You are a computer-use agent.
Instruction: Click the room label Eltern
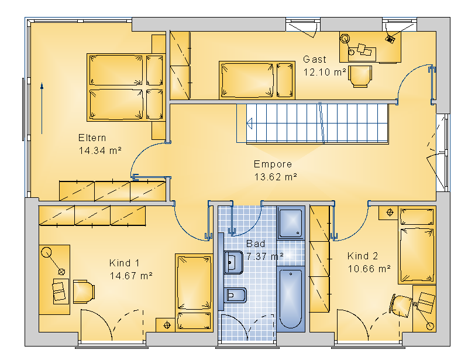pyautogui.click(x=92, y=138)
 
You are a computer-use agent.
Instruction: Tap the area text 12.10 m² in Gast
pyautogui.click(x=325, y=72)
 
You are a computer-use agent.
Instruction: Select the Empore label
pyautogui.click(x=273, y=164)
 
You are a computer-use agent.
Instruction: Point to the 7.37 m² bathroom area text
pyautogui.click(x=265, y=256)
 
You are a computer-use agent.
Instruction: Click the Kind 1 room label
pyautogui.click(x=124, y=263)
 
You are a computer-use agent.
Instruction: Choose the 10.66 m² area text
pyautogui.click(x=369, y=269)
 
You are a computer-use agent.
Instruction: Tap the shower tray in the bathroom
pyautogui.click(x=291, y=223)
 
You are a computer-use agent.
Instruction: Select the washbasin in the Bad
pyautogui.click(x=233, y=262)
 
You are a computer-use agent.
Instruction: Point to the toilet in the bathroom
pyautogui.click(x=236, y=296)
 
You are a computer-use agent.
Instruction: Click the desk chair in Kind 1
pyautogui.click(x=84, y=292)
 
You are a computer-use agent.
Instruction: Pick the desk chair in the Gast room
pyautogui.click(x=360, y=77)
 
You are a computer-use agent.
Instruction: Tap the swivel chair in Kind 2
pyautogui.click(x=401, y=306)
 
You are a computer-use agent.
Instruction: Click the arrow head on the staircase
pyautogui.click(x=250, y=124)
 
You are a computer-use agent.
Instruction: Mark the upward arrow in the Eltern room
pyautogui.click(x=42, y=108)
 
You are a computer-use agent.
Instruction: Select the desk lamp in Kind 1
pyautogui.click(x=53, y=260)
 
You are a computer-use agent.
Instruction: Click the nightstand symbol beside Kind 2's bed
pyautogui.click(x=390, y=212)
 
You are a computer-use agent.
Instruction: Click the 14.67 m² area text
pyautogui.click(x=131, y=276)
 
